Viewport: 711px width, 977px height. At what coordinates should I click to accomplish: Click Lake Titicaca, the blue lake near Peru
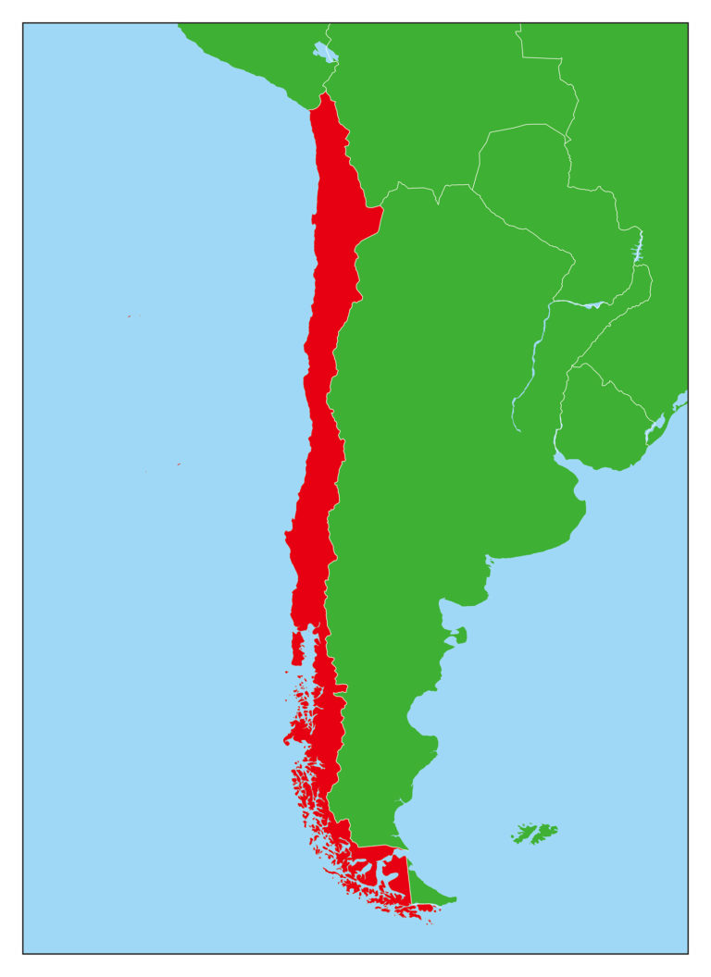tap(324, 51)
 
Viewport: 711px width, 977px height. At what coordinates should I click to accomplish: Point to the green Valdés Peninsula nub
tap(460, 636)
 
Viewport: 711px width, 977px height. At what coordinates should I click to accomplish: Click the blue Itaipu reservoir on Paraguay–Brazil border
tap(637, 250)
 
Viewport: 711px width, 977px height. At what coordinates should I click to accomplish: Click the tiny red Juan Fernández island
tap(179, 464)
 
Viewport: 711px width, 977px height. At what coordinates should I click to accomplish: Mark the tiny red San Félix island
tap(129, 316)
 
